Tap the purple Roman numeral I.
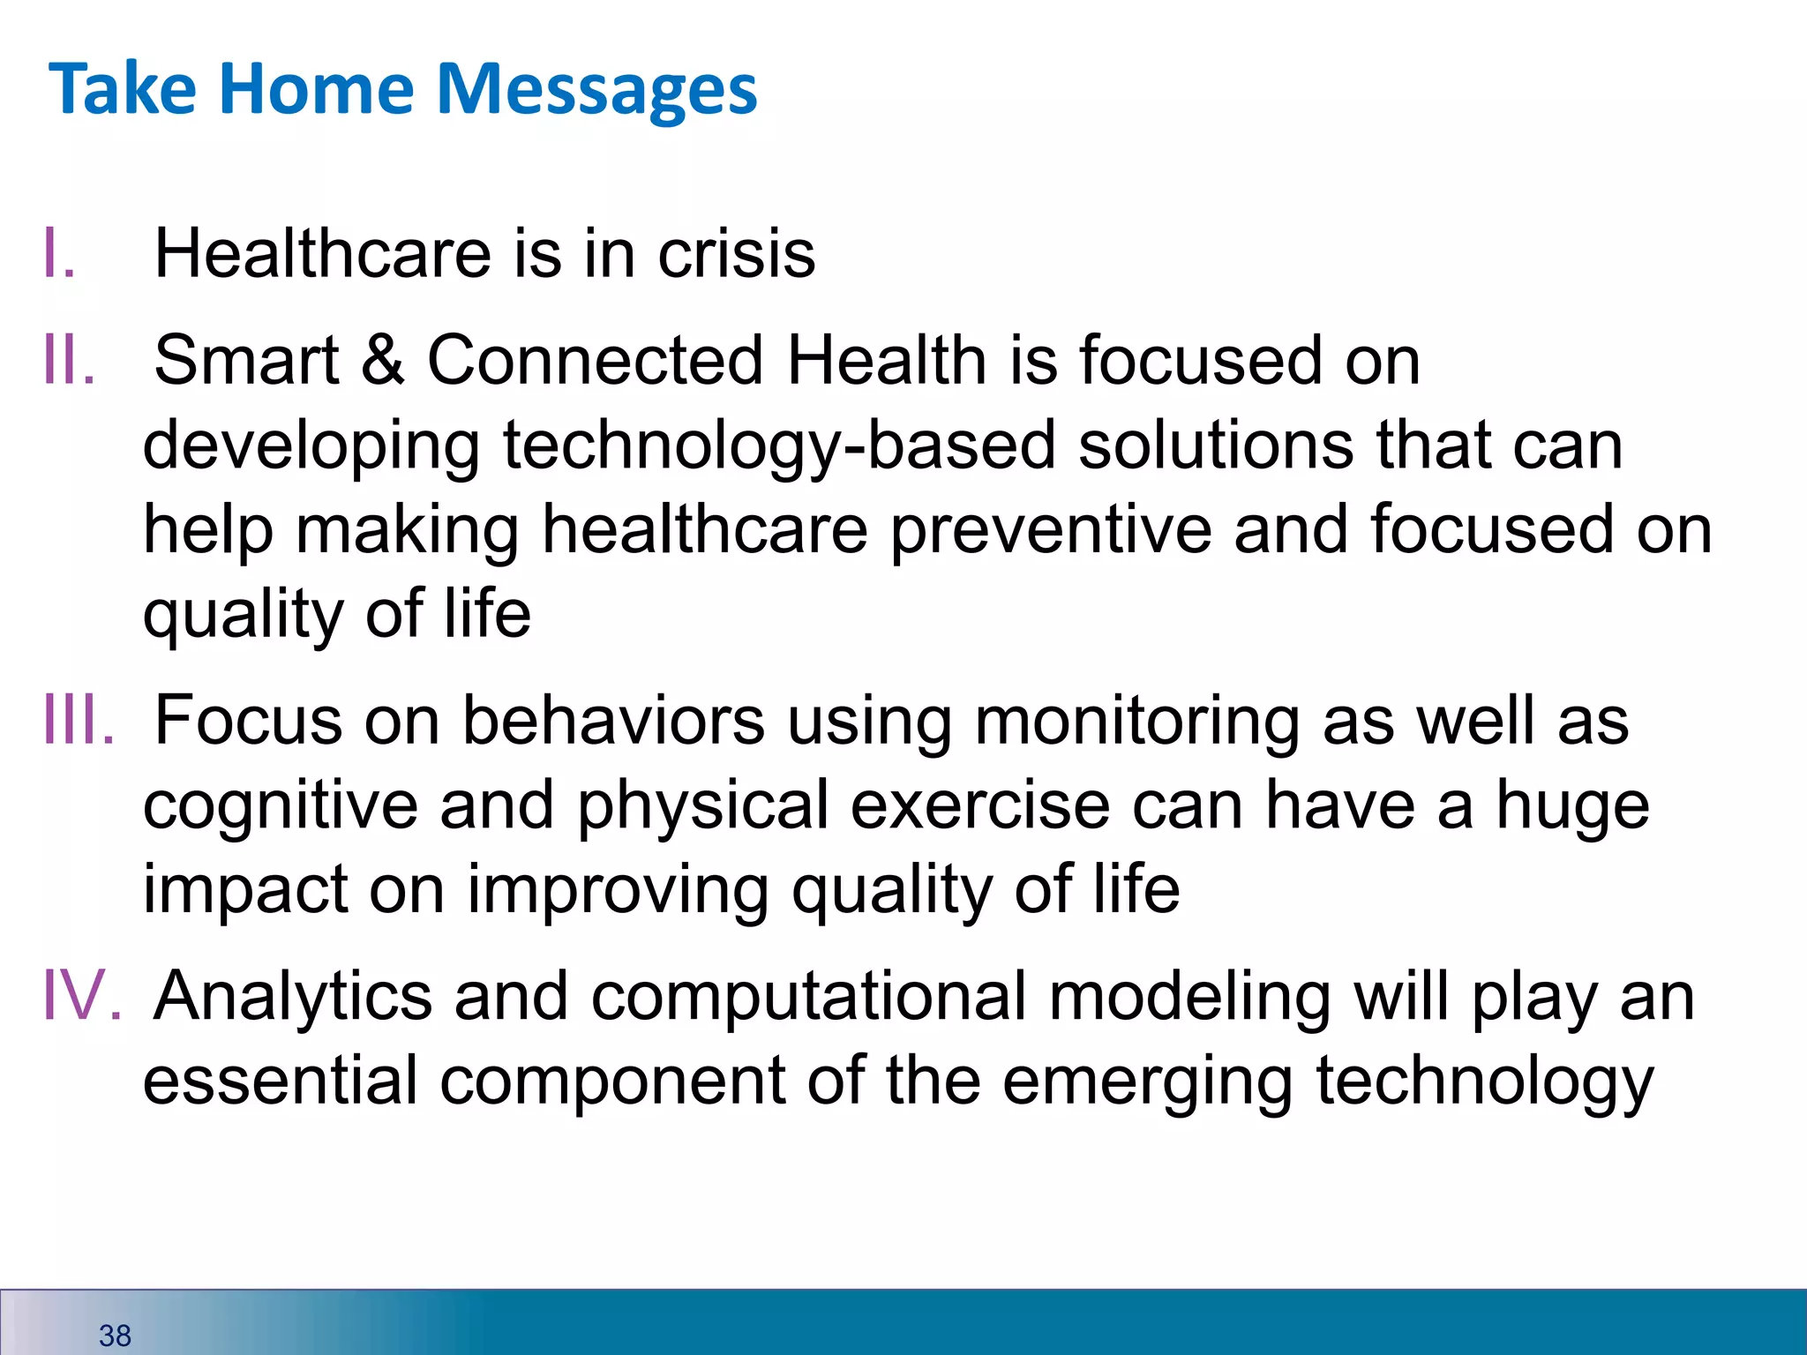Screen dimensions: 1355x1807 click(57, 254)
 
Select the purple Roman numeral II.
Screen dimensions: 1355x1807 click(69, 361)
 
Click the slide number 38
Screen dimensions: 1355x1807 click(115, 1336)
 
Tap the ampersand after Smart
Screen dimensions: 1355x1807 click(382, 361)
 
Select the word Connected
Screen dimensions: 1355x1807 click(595, 361)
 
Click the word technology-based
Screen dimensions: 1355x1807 click(779, 445)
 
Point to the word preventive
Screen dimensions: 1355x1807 click(1050, 530)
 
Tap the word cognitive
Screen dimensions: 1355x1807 click(280, 806)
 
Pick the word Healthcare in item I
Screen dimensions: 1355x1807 click(322, 254)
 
